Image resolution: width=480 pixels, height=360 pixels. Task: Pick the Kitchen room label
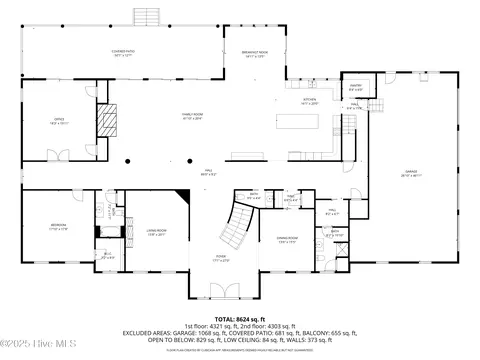point(310,100)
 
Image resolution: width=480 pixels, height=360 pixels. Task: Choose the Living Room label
point(157,234)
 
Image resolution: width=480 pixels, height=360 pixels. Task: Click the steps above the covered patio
point(147,17)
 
